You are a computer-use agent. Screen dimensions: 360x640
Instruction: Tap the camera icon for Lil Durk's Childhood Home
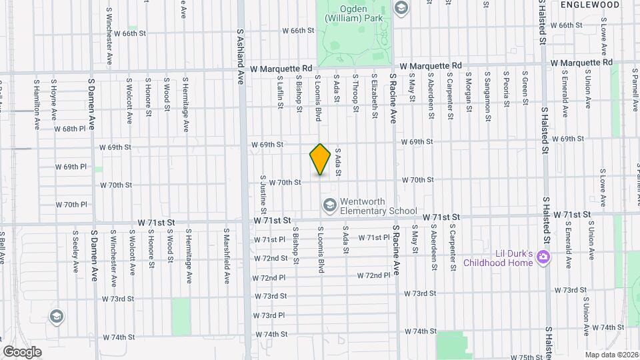pyautogui.click(x=544, y=257)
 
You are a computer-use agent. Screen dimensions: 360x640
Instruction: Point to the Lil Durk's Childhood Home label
pyautogui.click(x=504, y=258)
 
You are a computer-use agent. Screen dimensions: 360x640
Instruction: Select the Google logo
pyautogui.click(x=22, y=351)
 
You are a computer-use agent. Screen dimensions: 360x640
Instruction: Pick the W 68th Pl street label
pyautogui.click(x=71, y=128)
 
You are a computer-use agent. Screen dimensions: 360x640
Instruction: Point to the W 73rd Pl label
pyautogui.click(x=269, y=315)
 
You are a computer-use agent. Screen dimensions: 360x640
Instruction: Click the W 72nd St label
pyautogui.click(x=270, y=258)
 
